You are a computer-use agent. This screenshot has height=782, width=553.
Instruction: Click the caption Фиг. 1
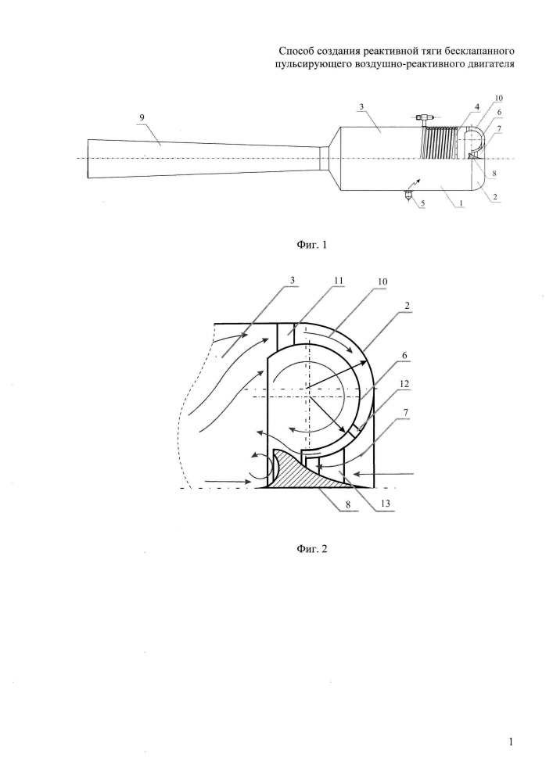pos(311,245)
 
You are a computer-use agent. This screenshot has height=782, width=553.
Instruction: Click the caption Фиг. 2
pos(311,549)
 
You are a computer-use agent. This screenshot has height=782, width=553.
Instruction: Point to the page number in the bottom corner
pos(511,742)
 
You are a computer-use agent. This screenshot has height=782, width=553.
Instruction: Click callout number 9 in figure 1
pos(142,117)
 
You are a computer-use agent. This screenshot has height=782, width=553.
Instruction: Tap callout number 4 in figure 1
pos(476,106)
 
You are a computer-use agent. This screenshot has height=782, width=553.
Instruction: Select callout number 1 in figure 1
pos(461,203)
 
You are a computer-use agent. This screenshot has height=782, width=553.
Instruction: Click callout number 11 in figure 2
pos(339,281)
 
